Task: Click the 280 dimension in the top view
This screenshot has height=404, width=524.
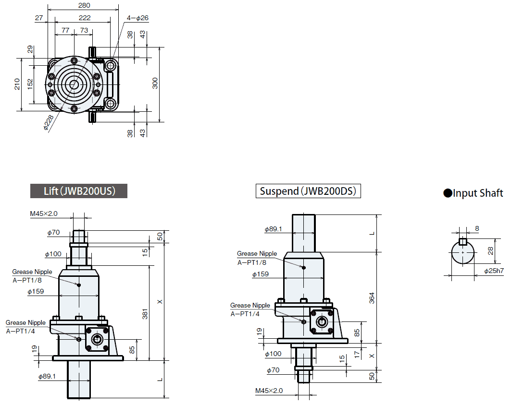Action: pyautogui.click(x=84, y=5)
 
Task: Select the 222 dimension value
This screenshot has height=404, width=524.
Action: pyautogui.click(x=84, y=18)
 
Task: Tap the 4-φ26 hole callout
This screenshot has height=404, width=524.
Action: pyautogui.click(x=138, y=18)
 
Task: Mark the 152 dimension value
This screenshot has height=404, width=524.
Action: pyautogui.click(x=30, y=84)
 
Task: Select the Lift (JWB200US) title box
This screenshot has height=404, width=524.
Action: pyautogui.click(x=79, y=191)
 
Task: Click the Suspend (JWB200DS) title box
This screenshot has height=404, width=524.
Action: pyautogui.click(x=308, y=191)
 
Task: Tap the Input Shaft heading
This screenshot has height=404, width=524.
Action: pyautogui.click(x=473, y=193)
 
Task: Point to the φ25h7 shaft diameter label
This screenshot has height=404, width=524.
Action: pyautogui.click(x=494, y=271)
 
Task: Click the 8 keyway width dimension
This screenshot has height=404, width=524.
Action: pyautogui.click(x=476, y=229)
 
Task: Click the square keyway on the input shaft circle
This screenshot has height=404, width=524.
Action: pyautogui.click(x=462, y=241)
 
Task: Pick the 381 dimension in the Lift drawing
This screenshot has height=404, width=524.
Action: pyautogui.click(x=145, y=314)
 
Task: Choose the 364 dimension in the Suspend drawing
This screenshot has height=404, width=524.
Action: pyautogui.click(x=371, y=297)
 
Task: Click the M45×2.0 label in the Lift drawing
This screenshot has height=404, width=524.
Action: pyautogui.click(x=44, y=214)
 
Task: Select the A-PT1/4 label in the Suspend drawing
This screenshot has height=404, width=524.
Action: pyautogui.click(x=245, y=314)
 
